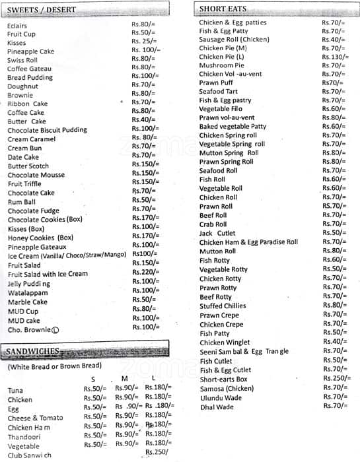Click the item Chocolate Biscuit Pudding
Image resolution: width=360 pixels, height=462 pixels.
click(x=47, y=130)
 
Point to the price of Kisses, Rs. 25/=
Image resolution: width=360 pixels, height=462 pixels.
click(x=143, y=41)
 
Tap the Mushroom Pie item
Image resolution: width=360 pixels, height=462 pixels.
click(x=221, y=65)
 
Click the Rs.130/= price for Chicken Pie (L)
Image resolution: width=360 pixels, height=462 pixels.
click(x=336, y=57)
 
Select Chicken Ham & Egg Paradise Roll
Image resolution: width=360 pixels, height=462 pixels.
click(x=248, y=242)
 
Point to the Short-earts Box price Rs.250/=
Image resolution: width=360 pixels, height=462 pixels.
click(x=337, y=378)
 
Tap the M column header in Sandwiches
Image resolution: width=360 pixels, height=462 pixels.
click(x=124, y=378)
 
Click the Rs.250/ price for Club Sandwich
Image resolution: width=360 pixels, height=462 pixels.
click(x=157, y=452)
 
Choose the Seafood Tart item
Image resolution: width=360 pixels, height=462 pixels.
click(x=219, y=92)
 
